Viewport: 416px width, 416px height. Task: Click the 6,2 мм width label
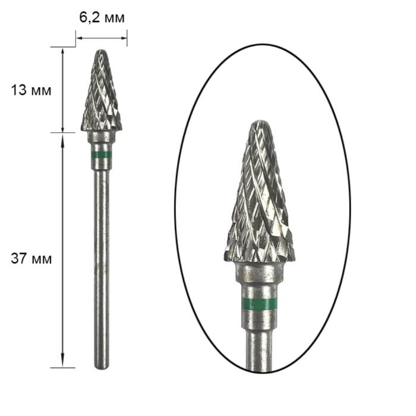click(x=102, y=18)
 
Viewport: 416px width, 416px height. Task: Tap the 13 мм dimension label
click(x=31, y=90)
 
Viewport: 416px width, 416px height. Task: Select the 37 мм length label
click(x=31, y=258)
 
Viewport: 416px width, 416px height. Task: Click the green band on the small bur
click(x=102, y=155)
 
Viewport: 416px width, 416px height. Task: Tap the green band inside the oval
click(x=259, y=304)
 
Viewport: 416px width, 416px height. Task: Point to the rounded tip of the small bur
click(x=102, y=51)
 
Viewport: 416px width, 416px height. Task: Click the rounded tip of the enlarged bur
click(x=260, y=122)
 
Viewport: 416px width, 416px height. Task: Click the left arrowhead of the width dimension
click(x=78, y=38)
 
